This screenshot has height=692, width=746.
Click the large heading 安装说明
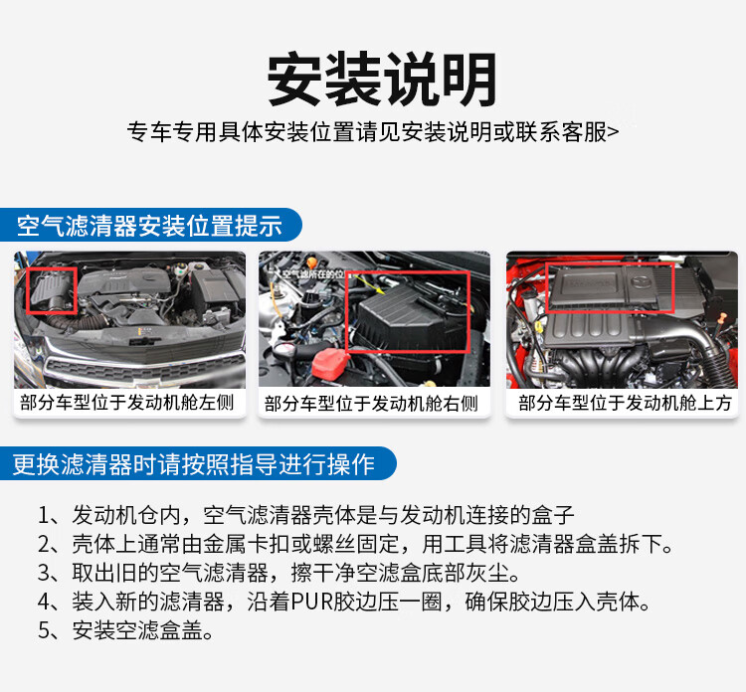click(x=382, y=79)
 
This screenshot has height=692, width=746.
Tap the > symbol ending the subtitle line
click(x=614, y=132)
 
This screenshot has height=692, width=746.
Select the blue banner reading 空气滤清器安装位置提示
click(x=150, y=225)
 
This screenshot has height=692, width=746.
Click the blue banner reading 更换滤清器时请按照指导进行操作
click(x=198, y=463)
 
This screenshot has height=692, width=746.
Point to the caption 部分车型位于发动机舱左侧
click(x=127, y=403)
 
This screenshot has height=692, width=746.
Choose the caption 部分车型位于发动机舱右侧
click(x=371, y=404)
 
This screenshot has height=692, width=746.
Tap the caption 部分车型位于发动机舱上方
click(x=625, y=403)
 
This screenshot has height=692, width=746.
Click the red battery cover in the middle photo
click(x=331, y=363)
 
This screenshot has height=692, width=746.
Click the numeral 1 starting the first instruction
click(x=44, y=516)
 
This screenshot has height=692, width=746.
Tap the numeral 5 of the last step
click(x=44, y=630)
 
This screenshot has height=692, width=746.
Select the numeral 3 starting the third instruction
click(x=44, y=573)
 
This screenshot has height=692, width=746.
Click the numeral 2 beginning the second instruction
click(x=44, y=545)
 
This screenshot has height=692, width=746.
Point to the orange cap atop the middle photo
click(x=311, y=262)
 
